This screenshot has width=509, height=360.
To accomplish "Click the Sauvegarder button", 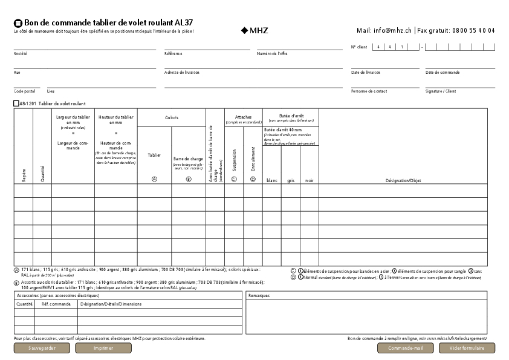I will (42, 348).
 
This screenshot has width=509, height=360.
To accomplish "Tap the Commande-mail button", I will (406, 348).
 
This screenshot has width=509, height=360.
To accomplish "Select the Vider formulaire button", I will (467, 348).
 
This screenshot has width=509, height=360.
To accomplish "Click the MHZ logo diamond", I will (244, 30).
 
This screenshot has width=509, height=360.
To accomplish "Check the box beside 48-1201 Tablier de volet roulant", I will (16, 103).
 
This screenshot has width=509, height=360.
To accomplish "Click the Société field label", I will (21, 54).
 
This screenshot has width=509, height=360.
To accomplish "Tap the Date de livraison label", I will (365, 73).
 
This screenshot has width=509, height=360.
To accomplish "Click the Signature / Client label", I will (441, 91).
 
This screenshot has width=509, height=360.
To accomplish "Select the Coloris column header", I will (172, 118).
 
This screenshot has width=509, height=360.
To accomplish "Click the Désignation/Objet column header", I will (403, 180).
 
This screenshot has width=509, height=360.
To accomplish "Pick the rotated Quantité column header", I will (42, 174).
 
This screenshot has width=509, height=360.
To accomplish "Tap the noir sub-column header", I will (310, 180).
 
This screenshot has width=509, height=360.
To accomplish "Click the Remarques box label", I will (259, 295).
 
